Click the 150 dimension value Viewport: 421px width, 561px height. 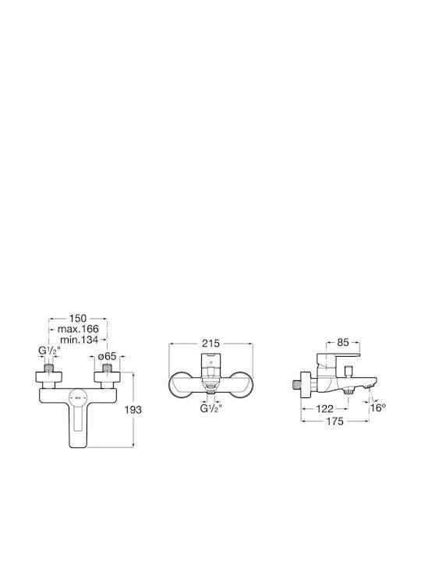tap(78, 318)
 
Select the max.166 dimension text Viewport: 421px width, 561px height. tap(78, 329)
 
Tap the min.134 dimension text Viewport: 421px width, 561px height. tap(79, 340)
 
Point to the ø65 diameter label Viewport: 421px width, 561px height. tap(107, 356)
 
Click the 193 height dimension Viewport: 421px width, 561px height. tap(133, 410)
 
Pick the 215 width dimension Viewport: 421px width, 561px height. tap(210, 344)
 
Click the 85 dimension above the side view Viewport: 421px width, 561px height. tap(342, 342)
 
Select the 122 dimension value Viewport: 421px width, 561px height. tap(325, 408)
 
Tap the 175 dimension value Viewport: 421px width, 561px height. tap(334, 421)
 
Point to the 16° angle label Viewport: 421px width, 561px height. tap(378, 408)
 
